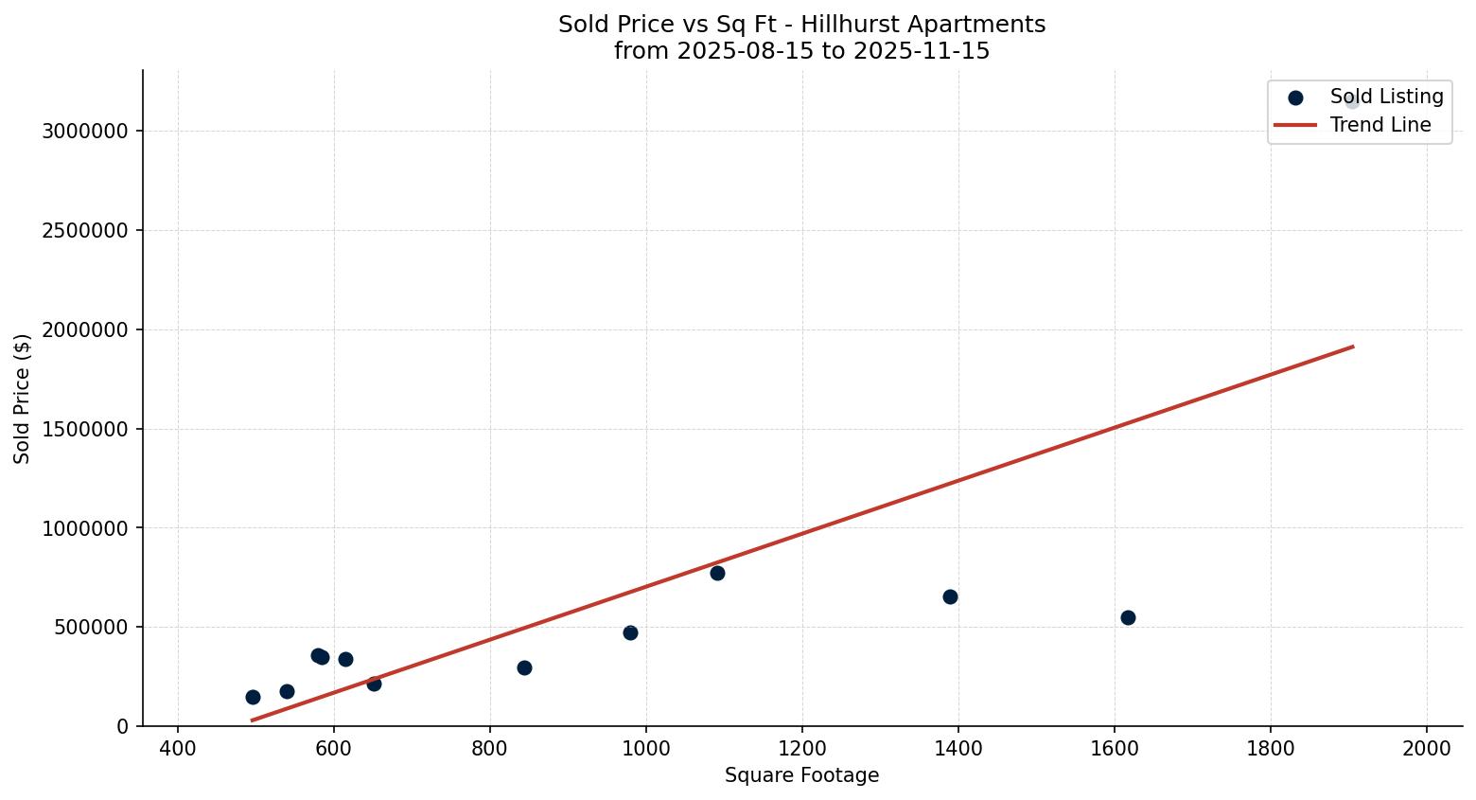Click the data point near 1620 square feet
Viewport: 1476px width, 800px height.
(x=1128, y=617)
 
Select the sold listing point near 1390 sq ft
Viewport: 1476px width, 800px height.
(x=950, y=596)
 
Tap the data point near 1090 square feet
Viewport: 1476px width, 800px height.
(x=717, y=573)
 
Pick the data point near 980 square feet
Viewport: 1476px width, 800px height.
(x=630, y=632)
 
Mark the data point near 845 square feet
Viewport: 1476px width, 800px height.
(x=524, y=667)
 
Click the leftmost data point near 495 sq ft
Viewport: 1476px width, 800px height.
(x=253, y=697)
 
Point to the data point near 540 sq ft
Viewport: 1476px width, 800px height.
(x=287, y=691)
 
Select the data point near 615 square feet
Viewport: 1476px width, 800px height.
(x=345, y=659)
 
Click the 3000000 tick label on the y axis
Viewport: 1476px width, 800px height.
(x=85, y=131)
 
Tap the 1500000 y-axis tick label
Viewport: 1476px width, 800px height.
(x=85, y=429)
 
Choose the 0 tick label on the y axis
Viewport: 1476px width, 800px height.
(x=123, y=726)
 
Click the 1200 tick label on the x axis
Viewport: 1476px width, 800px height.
(x=802, y=748)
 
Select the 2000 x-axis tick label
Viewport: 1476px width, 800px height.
(x=1427, y=748)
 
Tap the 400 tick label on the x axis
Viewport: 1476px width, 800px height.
(x=178, y=748)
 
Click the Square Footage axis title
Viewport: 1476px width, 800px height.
(x=801, y=775)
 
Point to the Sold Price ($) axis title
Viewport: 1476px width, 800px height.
(x=23, y=398)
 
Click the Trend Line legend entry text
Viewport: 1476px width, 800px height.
(x=1380, y=125)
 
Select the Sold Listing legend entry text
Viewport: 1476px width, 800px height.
(x=1386, y=97)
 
